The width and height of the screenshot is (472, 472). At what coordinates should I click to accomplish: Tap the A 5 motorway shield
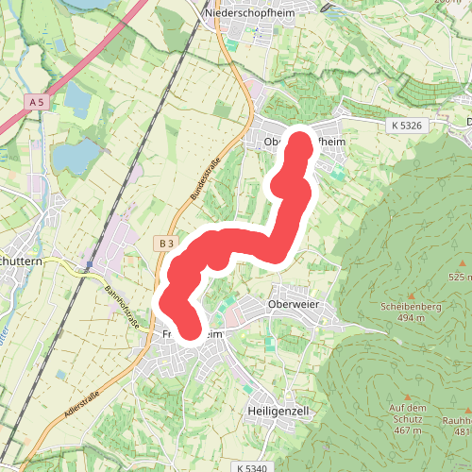pos(37,101)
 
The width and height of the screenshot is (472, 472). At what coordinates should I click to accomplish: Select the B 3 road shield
pos(166,244)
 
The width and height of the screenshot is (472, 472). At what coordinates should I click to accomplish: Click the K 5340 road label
pos(253,467)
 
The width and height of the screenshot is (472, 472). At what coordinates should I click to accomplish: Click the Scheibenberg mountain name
pos(412,307)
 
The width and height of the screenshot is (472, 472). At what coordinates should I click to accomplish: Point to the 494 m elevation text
pos(412,318)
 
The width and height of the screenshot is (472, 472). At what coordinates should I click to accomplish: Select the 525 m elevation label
pos(461,277)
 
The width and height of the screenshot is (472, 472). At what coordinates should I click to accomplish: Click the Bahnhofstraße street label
pos(122,308)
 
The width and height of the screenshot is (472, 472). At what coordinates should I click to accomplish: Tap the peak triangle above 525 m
pos(463,264)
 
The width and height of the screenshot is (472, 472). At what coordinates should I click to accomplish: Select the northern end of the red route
pos(301,144)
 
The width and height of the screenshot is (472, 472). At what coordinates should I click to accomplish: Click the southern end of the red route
pos(191,329)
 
